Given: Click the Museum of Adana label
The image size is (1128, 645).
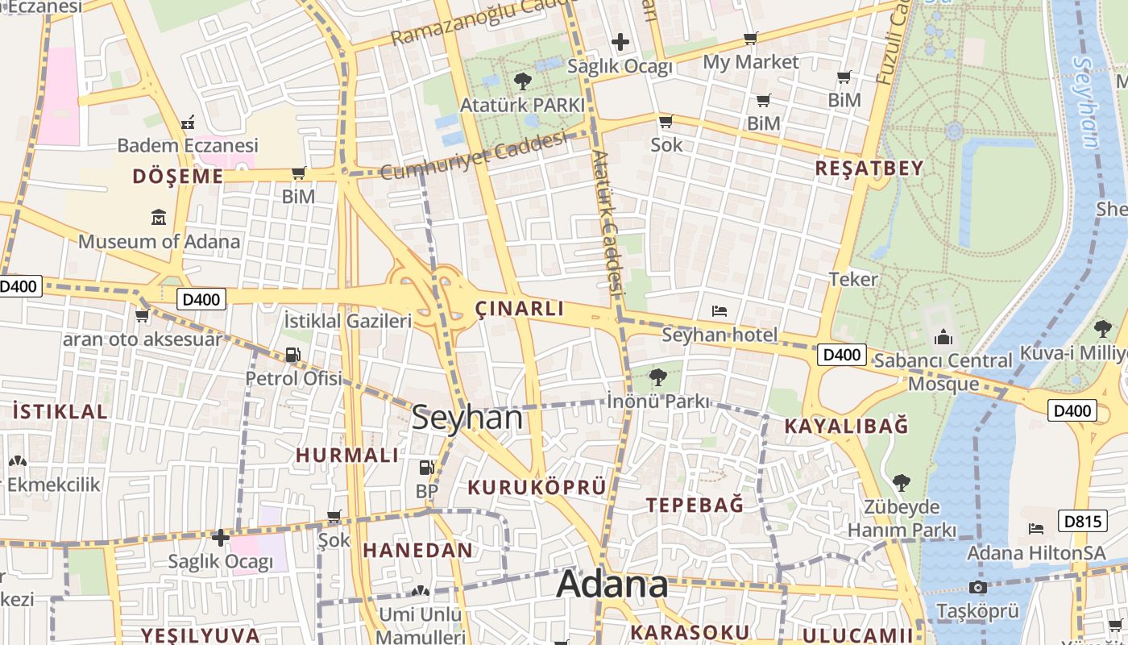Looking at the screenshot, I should [x=159, y=241].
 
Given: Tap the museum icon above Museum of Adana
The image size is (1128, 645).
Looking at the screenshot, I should [x=159, y=217].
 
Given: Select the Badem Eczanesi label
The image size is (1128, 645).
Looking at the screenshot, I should [x=188, y=145].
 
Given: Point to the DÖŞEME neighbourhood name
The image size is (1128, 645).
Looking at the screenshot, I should [x=178, y=176].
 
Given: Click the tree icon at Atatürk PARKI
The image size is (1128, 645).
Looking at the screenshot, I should [x=522, y=81].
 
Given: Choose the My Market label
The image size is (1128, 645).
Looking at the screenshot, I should [x=751, y=62].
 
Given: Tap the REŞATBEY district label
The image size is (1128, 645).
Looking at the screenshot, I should [x=869, y=169].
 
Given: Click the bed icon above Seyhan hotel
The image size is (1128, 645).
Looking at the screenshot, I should [x=720, y=311].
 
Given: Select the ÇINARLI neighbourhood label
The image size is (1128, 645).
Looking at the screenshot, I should [x=520, y=309].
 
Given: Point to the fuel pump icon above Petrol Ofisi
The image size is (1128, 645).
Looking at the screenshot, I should [x=293, y=355].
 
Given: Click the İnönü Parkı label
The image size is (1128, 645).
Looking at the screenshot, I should [x=658, y=401].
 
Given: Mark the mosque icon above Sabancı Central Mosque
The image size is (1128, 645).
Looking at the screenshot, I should [x=943, y=336].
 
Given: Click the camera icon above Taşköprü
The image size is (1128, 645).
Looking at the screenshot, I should [x=978, y=587].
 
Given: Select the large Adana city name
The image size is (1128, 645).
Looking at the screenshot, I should [x=612, y=584].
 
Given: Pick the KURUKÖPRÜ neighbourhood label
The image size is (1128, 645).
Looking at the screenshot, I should [x=537, y=487].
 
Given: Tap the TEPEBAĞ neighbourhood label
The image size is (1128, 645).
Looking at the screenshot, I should [x=695, y=505].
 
